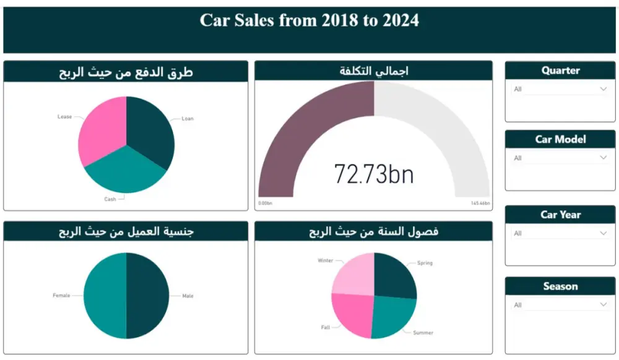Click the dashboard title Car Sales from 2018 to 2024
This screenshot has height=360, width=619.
[x=309, y=20]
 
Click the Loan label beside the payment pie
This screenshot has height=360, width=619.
[x=188, y=119]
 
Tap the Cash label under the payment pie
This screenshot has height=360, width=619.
[x=110, y=199]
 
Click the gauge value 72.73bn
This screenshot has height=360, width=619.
[x=374, y=174]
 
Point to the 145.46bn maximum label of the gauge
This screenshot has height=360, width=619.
[x=480, y=203]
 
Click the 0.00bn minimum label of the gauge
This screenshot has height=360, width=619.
[x=266, y=203]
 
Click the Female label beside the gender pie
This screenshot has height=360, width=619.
[x=61, y=296]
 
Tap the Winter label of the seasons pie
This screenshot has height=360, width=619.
[x=326, y=260]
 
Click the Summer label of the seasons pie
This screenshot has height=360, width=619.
[x=423, y=333]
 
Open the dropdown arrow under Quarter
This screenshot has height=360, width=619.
[x=604, y=89]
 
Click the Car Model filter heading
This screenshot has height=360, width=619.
[x=560, y=139]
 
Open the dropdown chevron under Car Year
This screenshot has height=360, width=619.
[x=604, y=233]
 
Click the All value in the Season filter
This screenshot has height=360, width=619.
[x=518, y=305]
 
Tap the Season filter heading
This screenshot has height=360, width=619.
[x=560, y=286]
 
